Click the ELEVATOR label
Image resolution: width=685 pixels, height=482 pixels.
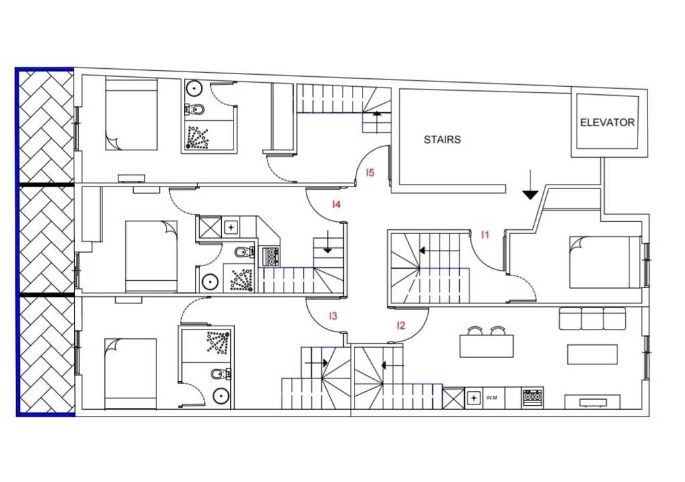[607, 122]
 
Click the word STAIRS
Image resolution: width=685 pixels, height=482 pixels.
[442, 140]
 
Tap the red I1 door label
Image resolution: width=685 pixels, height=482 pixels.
[485, 235]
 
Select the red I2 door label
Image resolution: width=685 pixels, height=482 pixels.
[401, 326]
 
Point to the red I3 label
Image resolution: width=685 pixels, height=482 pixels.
[333, 316]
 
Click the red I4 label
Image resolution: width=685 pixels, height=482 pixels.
[336, 204]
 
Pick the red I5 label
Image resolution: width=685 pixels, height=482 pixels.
[370, 173]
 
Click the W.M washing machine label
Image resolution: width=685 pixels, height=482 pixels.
[492, 398]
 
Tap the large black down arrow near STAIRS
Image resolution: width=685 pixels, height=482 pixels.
[530, 185]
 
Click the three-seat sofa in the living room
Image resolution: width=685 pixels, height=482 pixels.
[593, 318]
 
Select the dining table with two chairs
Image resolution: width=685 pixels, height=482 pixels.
[486, 342]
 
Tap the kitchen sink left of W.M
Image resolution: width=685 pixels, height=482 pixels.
[474, 398]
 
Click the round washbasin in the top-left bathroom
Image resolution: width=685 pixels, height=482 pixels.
[193, 89]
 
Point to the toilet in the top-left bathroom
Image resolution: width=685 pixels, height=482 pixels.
[194, 109]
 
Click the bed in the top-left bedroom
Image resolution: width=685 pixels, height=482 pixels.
[131, 115]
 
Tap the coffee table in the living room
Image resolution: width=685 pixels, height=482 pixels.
[593, 354]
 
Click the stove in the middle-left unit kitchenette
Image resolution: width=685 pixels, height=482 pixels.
[270, 257]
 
